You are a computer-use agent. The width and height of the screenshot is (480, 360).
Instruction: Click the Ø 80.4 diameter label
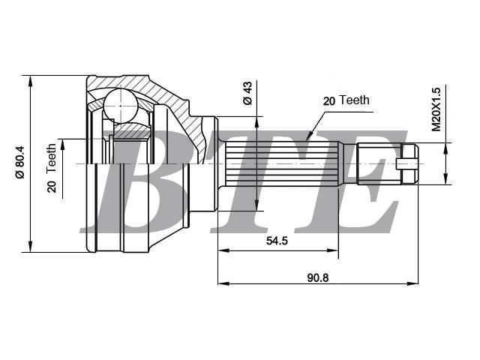point(20,162)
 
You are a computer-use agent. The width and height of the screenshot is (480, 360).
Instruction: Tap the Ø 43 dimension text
point(247,93)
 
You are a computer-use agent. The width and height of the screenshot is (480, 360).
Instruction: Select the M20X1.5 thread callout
point(436,109)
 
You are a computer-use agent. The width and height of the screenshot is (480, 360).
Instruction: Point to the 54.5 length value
point(277,241)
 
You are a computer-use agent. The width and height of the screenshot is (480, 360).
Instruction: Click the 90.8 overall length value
point(318,278)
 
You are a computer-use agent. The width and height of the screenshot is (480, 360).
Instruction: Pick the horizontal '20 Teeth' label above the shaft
point(346,100)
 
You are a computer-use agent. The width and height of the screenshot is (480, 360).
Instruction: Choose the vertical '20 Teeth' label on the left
point(52,168)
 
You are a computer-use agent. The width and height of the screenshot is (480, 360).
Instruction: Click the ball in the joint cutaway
point(121,106)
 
